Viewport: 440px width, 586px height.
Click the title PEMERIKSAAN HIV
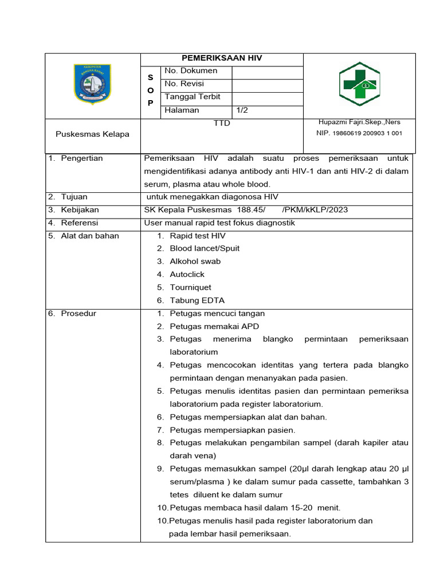point(222,58)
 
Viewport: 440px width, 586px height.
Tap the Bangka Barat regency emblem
point(92,84)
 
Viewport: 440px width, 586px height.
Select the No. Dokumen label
point(191,71)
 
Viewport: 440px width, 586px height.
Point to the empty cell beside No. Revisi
point(266,84)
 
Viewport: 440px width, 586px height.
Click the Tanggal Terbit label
point(192,97)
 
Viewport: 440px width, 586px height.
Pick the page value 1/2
point(243,110)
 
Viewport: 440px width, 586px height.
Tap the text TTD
point(222,123)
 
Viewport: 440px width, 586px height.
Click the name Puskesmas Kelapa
point(92,134)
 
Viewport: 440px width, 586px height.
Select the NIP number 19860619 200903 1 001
point(359,133)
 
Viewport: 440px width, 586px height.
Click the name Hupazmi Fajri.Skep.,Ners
point(359,122)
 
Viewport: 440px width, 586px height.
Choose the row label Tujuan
point(74,197)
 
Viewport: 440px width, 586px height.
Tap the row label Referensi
point(80,223)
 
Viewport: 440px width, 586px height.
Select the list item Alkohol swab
point(195,261)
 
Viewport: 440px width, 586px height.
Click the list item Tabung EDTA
point(197,300)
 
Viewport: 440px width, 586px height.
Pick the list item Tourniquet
point(190,287)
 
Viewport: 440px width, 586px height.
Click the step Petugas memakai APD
point(214,326)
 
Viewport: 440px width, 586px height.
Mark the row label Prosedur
point(78,314)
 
